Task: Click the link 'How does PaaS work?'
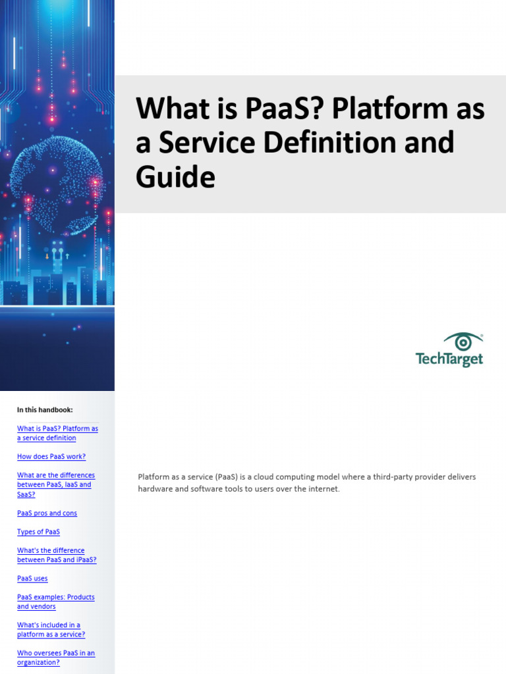coord(51,457)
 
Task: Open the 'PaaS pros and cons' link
coord(47,513)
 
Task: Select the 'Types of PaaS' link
coord(38,532)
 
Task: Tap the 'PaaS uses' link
coord(32,579)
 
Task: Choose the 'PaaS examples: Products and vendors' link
coord(55,602)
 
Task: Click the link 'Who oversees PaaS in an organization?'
coord(55,658)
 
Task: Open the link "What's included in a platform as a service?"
coord(50,630)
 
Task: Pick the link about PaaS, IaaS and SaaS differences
coord(55,484)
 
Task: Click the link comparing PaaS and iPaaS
coord(56,555)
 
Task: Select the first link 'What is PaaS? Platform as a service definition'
coord(57,433)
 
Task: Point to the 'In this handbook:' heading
coord(45,410)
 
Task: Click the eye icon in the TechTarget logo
coord(463,342)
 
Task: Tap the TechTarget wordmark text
coord(449,359)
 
